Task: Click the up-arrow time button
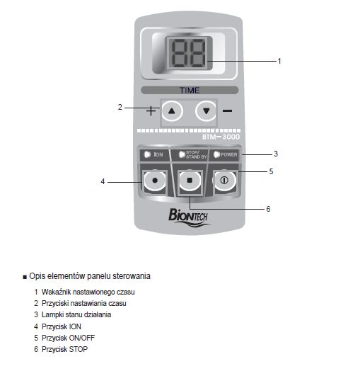172,110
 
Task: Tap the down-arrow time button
206,110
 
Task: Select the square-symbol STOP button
190,181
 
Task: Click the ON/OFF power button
224,181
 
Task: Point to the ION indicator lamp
147,154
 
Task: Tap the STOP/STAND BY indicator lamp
182,154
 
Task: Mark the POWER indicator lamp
216,154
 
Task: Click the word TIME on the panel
190,91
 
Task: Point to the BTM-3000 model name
221,137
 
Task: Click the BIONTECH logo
188,217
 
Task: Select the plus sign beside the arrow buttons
151,110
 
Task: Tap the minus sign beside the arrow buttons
227,110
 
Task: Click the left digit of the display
179,53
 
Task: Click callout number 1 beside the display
279,61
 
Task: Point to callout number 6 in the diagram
268,209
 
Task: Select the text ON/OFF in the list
81,338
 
